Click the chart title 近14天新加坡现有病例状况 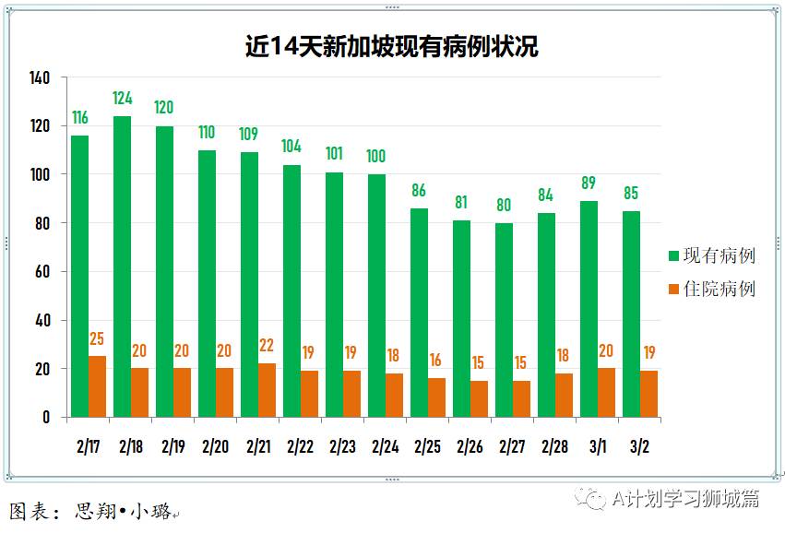(x=391, y=46)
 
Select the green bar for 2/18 (x=122, y=266)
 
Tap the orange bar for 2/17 (x=97, y=386)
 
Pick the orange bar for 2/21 (x=267, y=390)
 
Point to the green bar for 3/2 (x=631, y=314)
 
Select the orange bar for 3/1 (x=606, y=393)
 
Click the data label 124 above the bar (x=123, y=98)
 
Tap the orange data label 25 (x=97, y=339)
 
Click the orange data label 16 (x=436, y=361)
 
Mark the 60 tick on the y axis (x=42, y=272)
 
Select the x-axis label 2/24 (x=385, y=446)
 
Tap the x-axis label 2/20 (x=215, y=446)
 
